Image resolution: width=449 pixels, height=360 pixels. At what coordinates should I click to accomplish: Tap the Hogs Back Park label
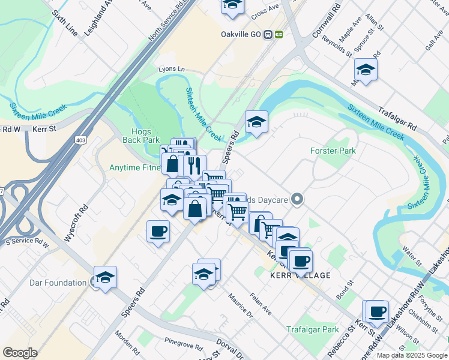pyautogui.click(x=137, y=135)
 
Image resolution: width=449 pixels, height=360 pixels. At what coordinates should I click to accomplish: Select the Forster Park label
pyautogui.click(x=333, y=151)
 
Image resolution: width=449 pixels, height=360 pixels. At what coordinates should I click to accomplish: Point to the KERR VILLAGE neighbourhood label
pyautogui.click(x=300, y=275)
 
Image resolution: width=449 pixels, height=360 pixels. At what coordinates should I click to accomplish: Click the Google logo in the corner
pyautogui.click(x=20, y=353)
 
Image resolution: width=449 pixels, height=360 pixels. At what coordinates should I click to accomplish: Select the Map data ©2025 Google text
pyautogui.click(x=412, y=355)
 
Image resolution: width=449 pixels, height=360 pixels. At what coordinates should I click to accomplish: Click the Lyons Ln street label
pyautogui.click(x=171, y=69)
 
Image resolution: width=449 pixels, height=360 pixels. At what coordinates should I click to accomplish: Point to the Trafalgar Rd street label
pyautogui.click(x=397, y=118)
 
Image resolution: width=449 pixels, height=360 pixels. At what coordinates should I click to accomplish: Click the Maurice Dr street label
pyautogui.click(x=240, y=304)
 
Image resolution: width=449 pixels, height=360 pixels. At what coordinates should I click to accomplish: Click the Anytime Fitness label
pyautogui.click(x=134, y=168)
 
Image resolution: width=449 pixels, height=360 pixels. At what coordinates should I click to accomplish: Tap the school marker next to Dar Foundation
pyautogui.click(x=105, y=277)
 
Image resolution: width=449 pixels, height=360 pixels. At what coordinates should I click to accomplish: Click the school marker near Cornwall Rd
pyautogui.click(x=366, y=69)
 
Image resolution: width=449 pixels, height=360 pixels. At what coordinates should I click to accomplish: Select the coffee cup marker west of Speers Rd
pyautogui.click(x=158, y=231)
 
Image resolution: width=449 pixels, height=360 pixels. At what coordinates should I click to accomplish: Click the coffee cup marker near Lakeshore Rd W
pyautogui.click(x=377, y=311)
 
